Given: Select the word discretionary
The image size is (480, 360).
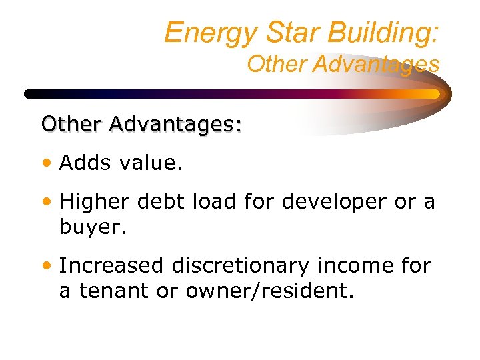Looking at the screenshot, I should point(241,265).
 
